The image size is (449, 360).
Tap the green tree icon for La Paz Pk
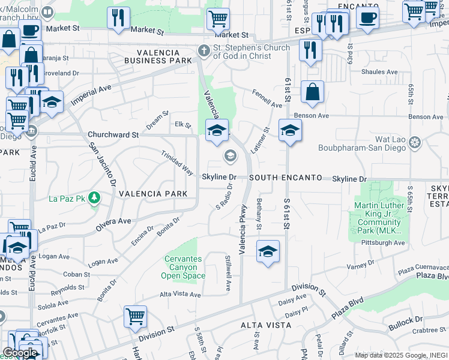tap(94, 197)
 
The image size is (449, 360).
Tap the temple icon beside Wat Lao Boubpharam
tap(414, 143)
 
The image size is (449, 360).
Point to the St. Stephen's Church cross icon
tap(203, 52)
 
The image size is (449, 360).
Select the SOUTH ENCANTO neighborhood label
tap(286, 178)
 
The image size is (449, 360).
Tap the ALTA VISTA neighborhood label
tap(266, 325)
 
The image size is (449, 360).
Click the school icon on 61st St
tap(290, 131)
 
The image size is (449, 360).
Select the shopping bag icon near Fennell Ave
tap(312, 92)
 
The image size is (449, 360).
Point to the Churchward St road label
tap(113, 135)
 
